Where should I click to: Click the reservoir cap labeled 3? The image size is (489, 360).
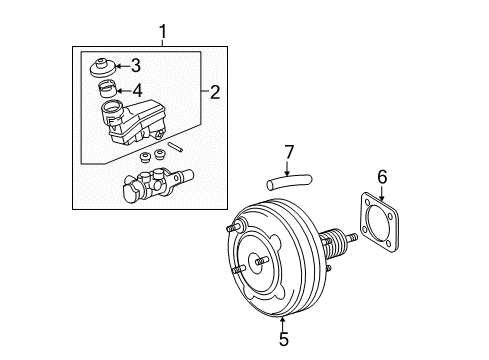click(102, 71)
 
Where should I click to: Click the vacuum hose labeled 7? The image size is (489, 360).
click(289, 182)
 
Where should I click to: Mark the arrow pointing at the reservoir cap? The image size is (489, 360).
click(122, 68)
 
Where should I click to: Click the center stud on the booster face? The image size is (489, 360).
click(260, 263)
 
